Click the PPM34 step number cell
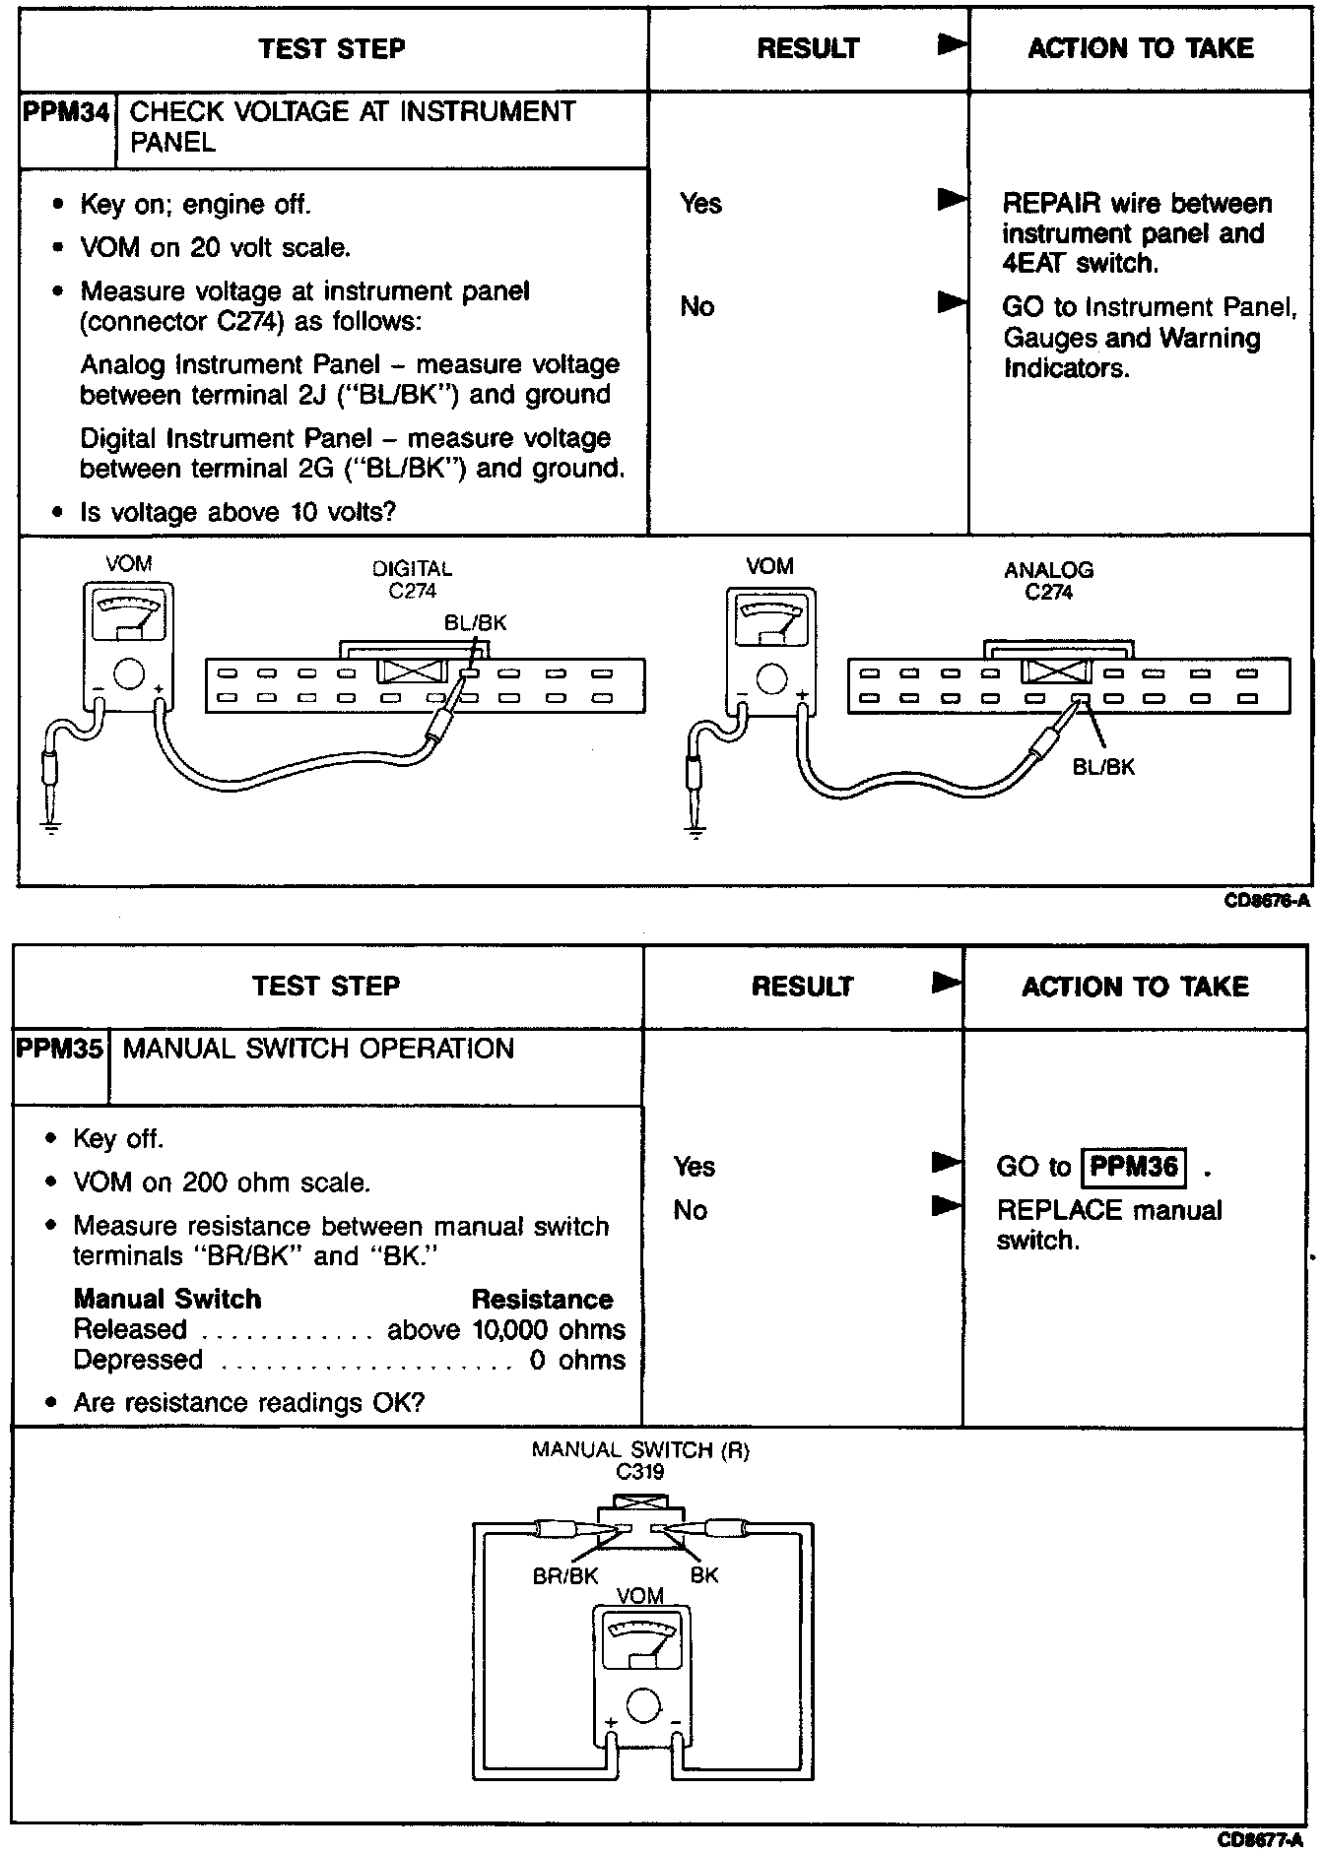(x=65, y=111)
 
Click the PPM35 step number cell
(x=59, y=1049)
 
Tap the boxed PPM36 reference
(x=1134, y=1168)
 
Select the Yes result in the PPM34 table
(x=700, y=204)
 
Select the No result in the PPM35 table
(x=691, y=1210)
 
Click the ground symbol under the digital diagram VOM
(x=51, y=825)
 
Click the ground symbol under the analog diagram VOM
(x=695, y=833)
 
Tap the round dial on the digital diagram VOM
(x=129, y=674)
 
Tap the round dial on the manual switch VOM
(x=642, y=1704)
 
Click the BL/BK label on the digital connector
(x=476, y=622)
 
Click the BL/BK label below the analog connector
(x=1103, y=767)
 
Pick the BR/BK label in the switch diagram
(x=565, y=1575)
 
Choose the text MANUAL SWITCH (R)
(x=640, y=1450)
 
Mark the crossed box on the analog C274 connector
(x=1056, y=672)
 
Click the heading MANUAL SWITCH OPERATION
(x=318, y=1049)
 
